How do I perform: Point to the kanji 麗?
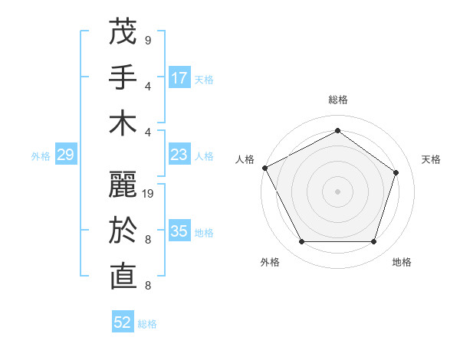click(x=123, y=185)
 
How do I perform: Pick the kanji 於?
click(x=123, y=231)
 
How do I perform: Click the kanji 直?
click(x=123, y=277)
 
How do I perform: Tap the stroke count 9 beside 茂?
click(x=147, y=40)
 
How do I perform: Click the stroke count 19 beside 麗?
click(x=149, y=194)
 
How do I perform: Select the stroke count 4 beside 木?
click(x=147, y=132)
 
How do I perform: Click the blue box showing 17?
click(x=179, y=78)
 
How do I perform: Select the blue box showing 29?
click(x=65, y=155)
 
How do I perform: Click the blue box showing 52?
click(x=123, y=322)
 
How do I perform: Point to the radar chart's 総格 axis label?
click(x=337, y=100)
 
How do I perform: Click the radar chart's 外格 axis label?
click(x=270, y=262)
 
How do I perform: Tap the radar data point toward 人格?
click(x=264, y=168)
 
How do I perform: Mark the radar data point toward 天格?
click(x=396, y=172)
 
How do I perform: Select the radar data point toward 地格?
click(x=373, y=241)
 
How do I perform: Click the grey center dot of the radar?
click(x=337, y=191)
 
